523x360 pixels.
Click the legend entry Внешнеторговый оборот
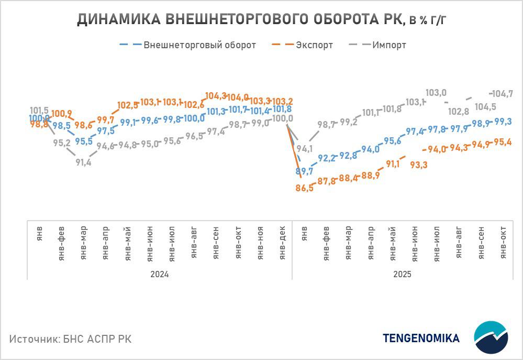click(x=199, y=45)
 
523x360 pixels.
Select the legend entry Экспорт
click(x=314, y=45)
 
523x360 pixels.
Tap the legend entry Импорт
click(x=389, y=45)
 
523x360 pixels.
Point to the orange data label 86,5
click(x=305, y=188)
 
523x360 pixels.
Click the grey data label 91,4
click(x=83, y=162)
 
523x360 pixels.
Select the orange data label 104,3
click(x=216, y=96)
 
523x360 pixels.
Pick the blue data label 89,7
click(x=305, y=171)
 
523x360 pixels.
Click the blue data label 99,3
click(x=503, y=121)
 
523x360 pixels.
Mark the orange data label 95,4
click(x=503, y=142)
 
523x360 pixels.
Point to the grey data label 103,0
click(x=436, y=93)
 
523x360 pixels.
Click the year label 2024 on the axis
click(x=159, y=274)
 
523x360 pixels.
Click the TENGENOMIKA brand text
click(x=421, y=338)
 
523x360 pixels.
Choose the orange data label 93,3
click(x=418, y=165)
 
